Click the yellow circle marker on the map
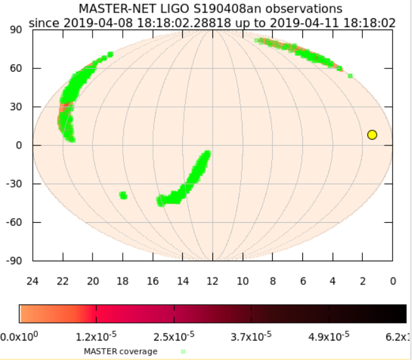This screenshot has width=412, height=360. pyautogui.click(x=372, y=135)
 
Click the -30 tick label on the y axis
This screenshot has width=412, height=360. pyautogui.click(x=14, y=184)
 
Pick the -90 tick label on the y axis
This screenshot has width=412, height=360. pyautogui.click(x=14, y=261)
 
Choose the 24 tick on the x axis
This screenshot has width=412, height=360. pyautogui.click(x=33, y=281)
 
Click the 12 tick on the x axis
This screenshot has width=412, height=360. pyautogui.click(x=212, y=281)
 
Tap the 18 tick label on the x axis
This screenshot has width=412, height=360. pyautogui.click(x=123, y=281)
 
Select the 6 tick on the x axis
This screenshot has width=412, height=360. pyautogui.click(x=303, y=281)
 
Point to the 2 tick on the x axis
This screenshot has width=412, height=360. pyautogui.click(x=363, y=281)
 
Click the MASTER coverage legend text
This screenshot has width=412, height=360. pyautogui.click(x=120, y=351)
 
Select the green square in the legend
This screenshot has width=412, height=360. pyautogui.click(x=183, y=351)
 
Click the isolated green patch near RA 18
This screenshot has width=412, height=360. pyautogui.click(x=123, y=195)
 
